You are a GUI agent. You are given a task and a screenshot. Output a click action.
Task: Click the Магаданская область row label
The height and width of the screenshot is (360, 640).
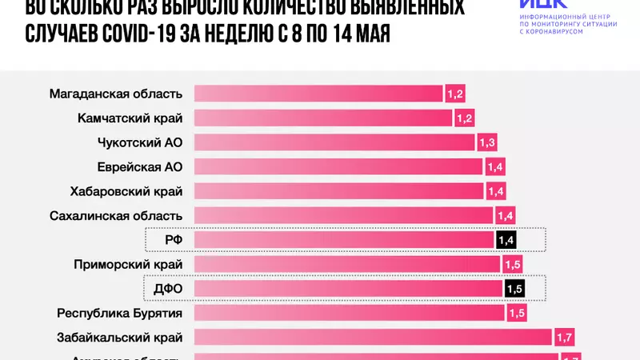pyautogui.click(x=116, y=94)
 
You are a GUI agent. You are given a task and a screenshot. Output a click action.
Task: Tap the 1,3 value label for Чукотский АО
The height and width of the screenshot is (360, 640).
pyautogui.click(x=487, y=143)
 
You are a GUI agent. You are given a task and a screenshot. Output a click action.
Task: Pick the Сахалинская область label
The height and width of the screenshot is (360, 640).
pyautogui.click(x=116, y=215)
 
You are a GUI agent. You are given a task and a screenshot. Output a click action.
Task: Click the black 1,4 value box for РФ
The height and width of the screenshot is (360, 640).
pyautogui.click(x=505, y=239)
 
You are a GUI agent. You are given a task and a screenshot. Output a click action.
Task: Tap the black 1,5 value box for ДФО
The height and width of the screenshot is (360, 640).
pyautogui.click(x=514, y=288)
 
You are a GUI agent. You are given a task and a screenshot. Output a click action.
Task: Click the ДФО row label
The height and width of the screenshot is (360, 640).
pyautogui.click(x=169, y=288)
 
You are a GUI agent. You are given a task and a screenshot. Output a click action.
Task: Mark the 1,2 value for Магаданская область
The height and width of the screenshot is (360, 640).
pyautogui.click(x=455, y=94)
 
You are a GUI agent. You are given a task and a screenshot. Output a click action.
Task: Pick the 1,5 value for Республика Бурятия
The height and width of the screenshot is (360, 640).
pyautogui.click(x=515, y=313)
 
